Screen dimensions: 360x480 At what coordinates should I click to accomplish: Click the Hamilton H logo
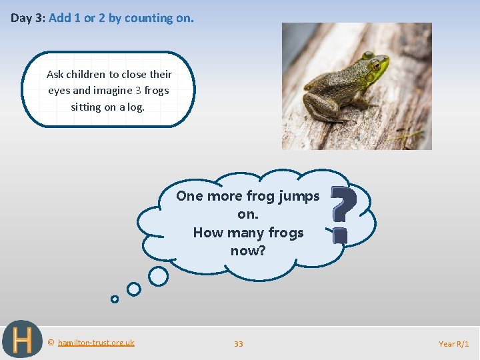click(21, 340)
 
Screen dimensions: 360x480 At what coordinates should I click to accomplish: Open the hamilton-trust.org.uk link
click(96, 343)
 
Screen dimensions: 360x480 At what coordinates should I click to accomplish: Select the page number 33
click(239, 344)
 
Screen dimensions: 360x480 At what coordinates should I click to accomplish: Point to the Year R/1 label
click(454, 344)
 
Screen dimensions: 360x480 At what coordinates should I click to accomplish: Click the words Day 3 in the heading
click(27, 19)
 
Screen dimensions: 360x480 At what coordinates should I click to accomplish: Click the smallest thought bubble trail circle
click(115, 299)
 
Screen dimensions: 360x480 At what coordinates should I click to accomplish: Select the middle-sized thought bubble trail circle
click(134, 289)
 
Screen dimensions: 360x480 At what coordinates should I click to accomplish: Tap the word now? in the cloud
click(248, 251)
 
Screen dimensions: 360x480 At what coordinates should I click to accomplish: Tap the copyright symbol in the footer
click(51, 343)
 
